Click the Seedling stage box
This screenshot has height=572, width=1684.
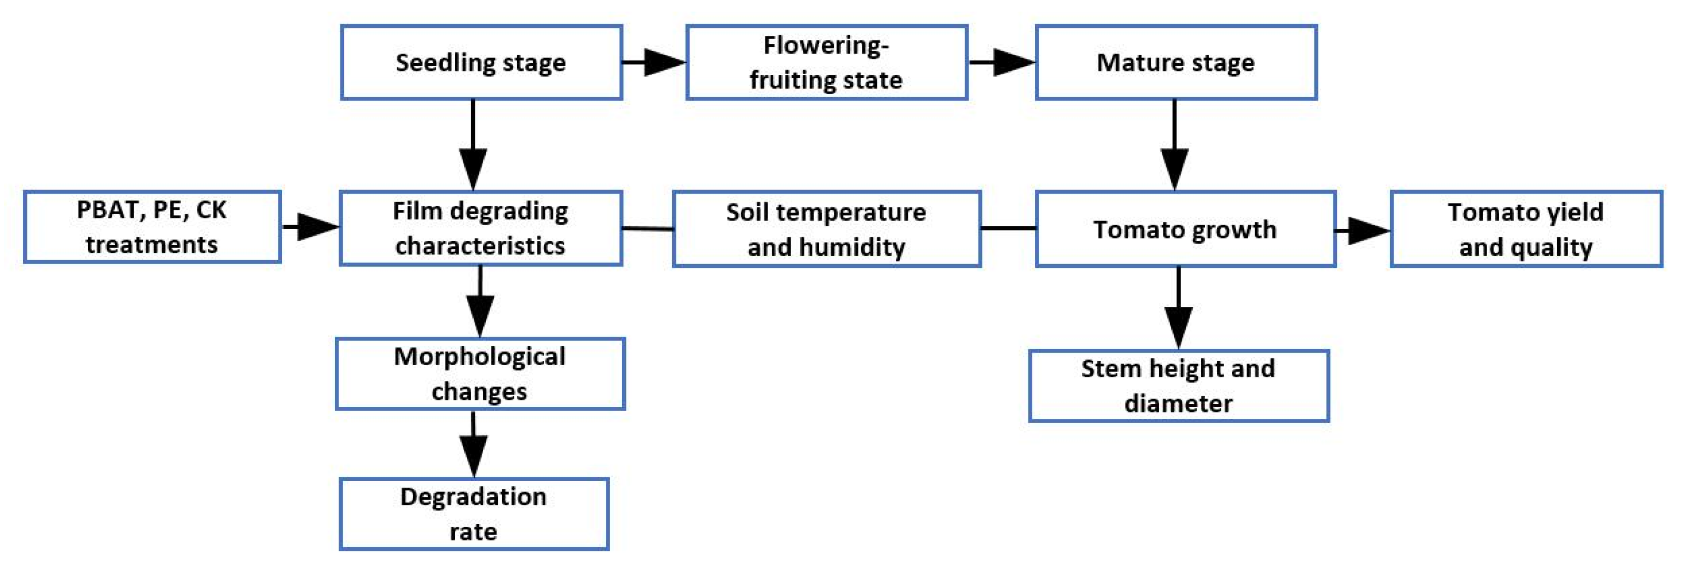[x=481, y=63]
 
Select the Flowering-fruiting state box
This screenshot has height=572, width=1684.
[x=826, y=63]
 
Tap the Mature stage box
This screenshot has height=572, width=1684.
[x=1175, y=63]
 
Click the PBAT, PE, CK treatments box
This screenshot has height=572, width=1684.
[x=152, y=227]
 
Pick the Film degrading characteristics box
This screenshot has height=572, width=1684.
[x=481, y=228]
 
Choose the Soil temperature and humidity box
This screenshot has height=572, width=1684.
[x=826, y=229]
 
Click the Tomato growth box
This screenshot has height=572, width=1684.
[x=1184, y=229]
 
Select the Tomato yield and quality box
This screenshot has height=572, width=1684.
[x=1526, y=229]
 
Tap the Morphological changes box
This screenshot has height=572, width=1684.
[x=480, y=374]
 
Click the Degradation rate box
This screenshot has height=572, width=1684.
[x=474, y=514]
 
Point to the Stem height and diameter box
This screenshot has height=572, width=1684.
[x=1178, y=386]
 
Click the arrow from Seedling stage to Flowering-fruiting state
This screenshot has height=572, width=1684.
[x=654, y=63]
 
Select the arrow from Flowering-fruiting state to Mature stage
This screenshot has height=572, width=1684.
[x=1002, y=63]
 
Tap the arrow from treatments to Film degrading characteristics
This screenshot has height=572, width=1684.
[x=311, y=227]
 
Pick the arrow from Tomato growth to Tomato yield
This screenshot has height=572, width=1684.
[x=1362, y=230]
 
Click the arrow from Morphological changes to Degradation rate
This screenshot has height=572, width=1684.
[x=473, y=445]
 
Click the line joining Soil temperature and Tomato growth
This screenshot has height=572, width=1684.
[x=1008, y=228]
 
